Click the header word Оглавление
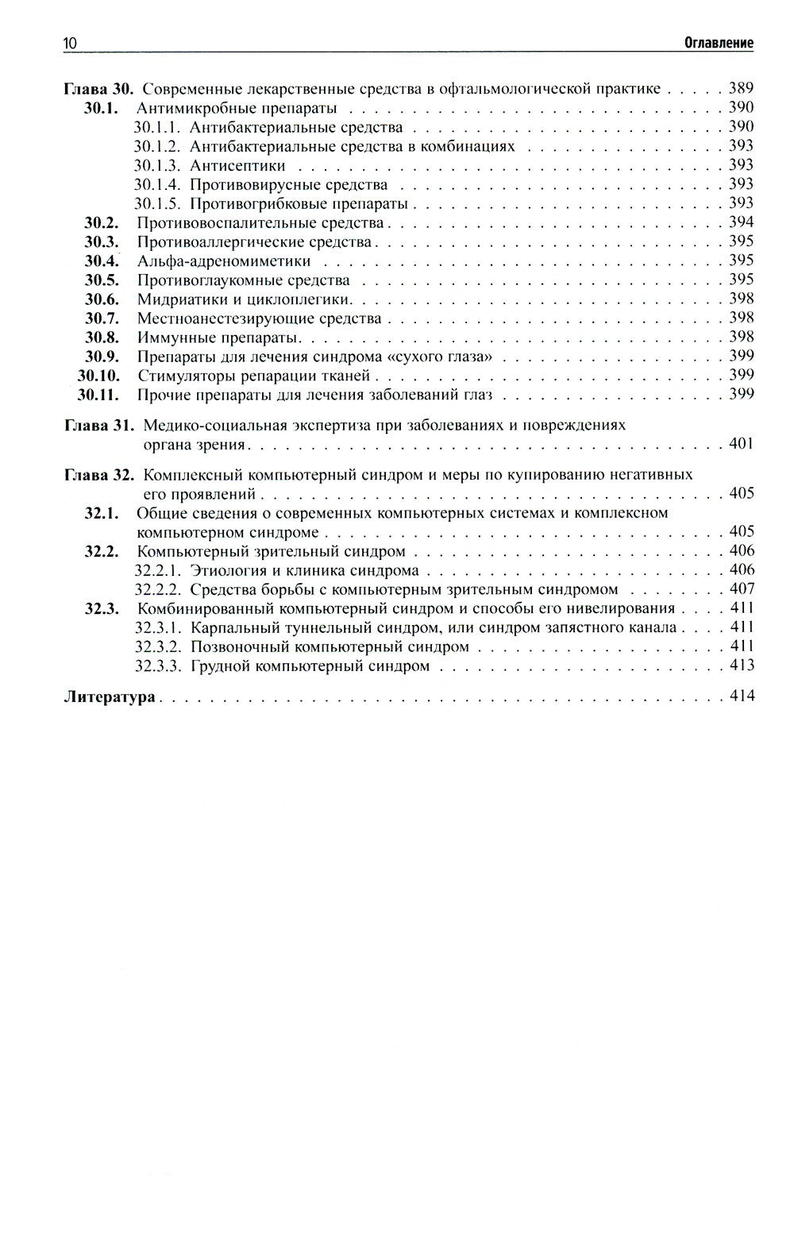click(719, 44)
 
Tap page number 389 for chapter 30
click(741, 89)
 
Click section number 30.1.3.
click(157, 166)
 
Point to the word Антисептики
click(237, 166)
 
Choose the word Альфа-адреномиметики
click(223, 261)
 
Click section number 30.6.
click(102, 299)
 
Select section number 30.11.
click(98, 395)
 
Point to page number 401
click(741, 444)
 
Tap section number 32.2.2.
click(157, 589)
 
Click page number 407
click(741, 589)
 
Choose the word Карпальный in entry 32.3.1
click(230, 627)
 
